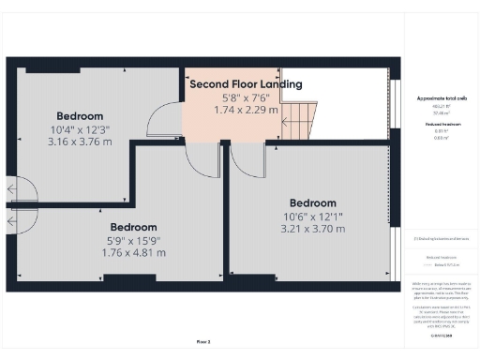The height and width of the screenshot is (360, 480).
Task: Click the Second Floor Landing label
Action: [246, 84]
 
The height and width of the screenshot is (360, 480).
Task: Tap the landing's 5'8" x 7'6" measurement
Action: [246, 97]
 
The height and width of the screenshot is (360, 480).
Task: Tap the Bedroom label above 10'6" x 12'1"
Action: [312, 202]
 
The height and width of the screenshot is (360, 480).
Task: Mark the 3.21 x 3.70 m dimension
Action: [312, 228]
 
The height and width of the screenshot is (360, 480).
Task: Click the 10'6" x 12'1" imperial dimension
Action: [312, 216]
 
